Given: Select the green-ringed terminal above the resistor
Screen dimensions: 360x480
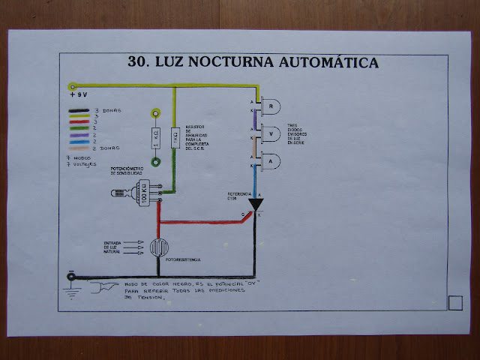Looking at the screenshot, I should [x=155, y=161].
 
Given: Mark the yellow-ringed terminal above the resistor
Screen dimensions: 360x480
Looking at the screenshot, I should [x=155, y=114].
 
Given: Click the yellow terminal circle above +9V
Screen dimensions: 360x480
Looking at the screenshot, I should [x=73, y=86].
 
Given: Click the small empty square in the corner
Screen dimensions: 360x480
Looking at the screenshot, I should [x=454, y=302].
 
